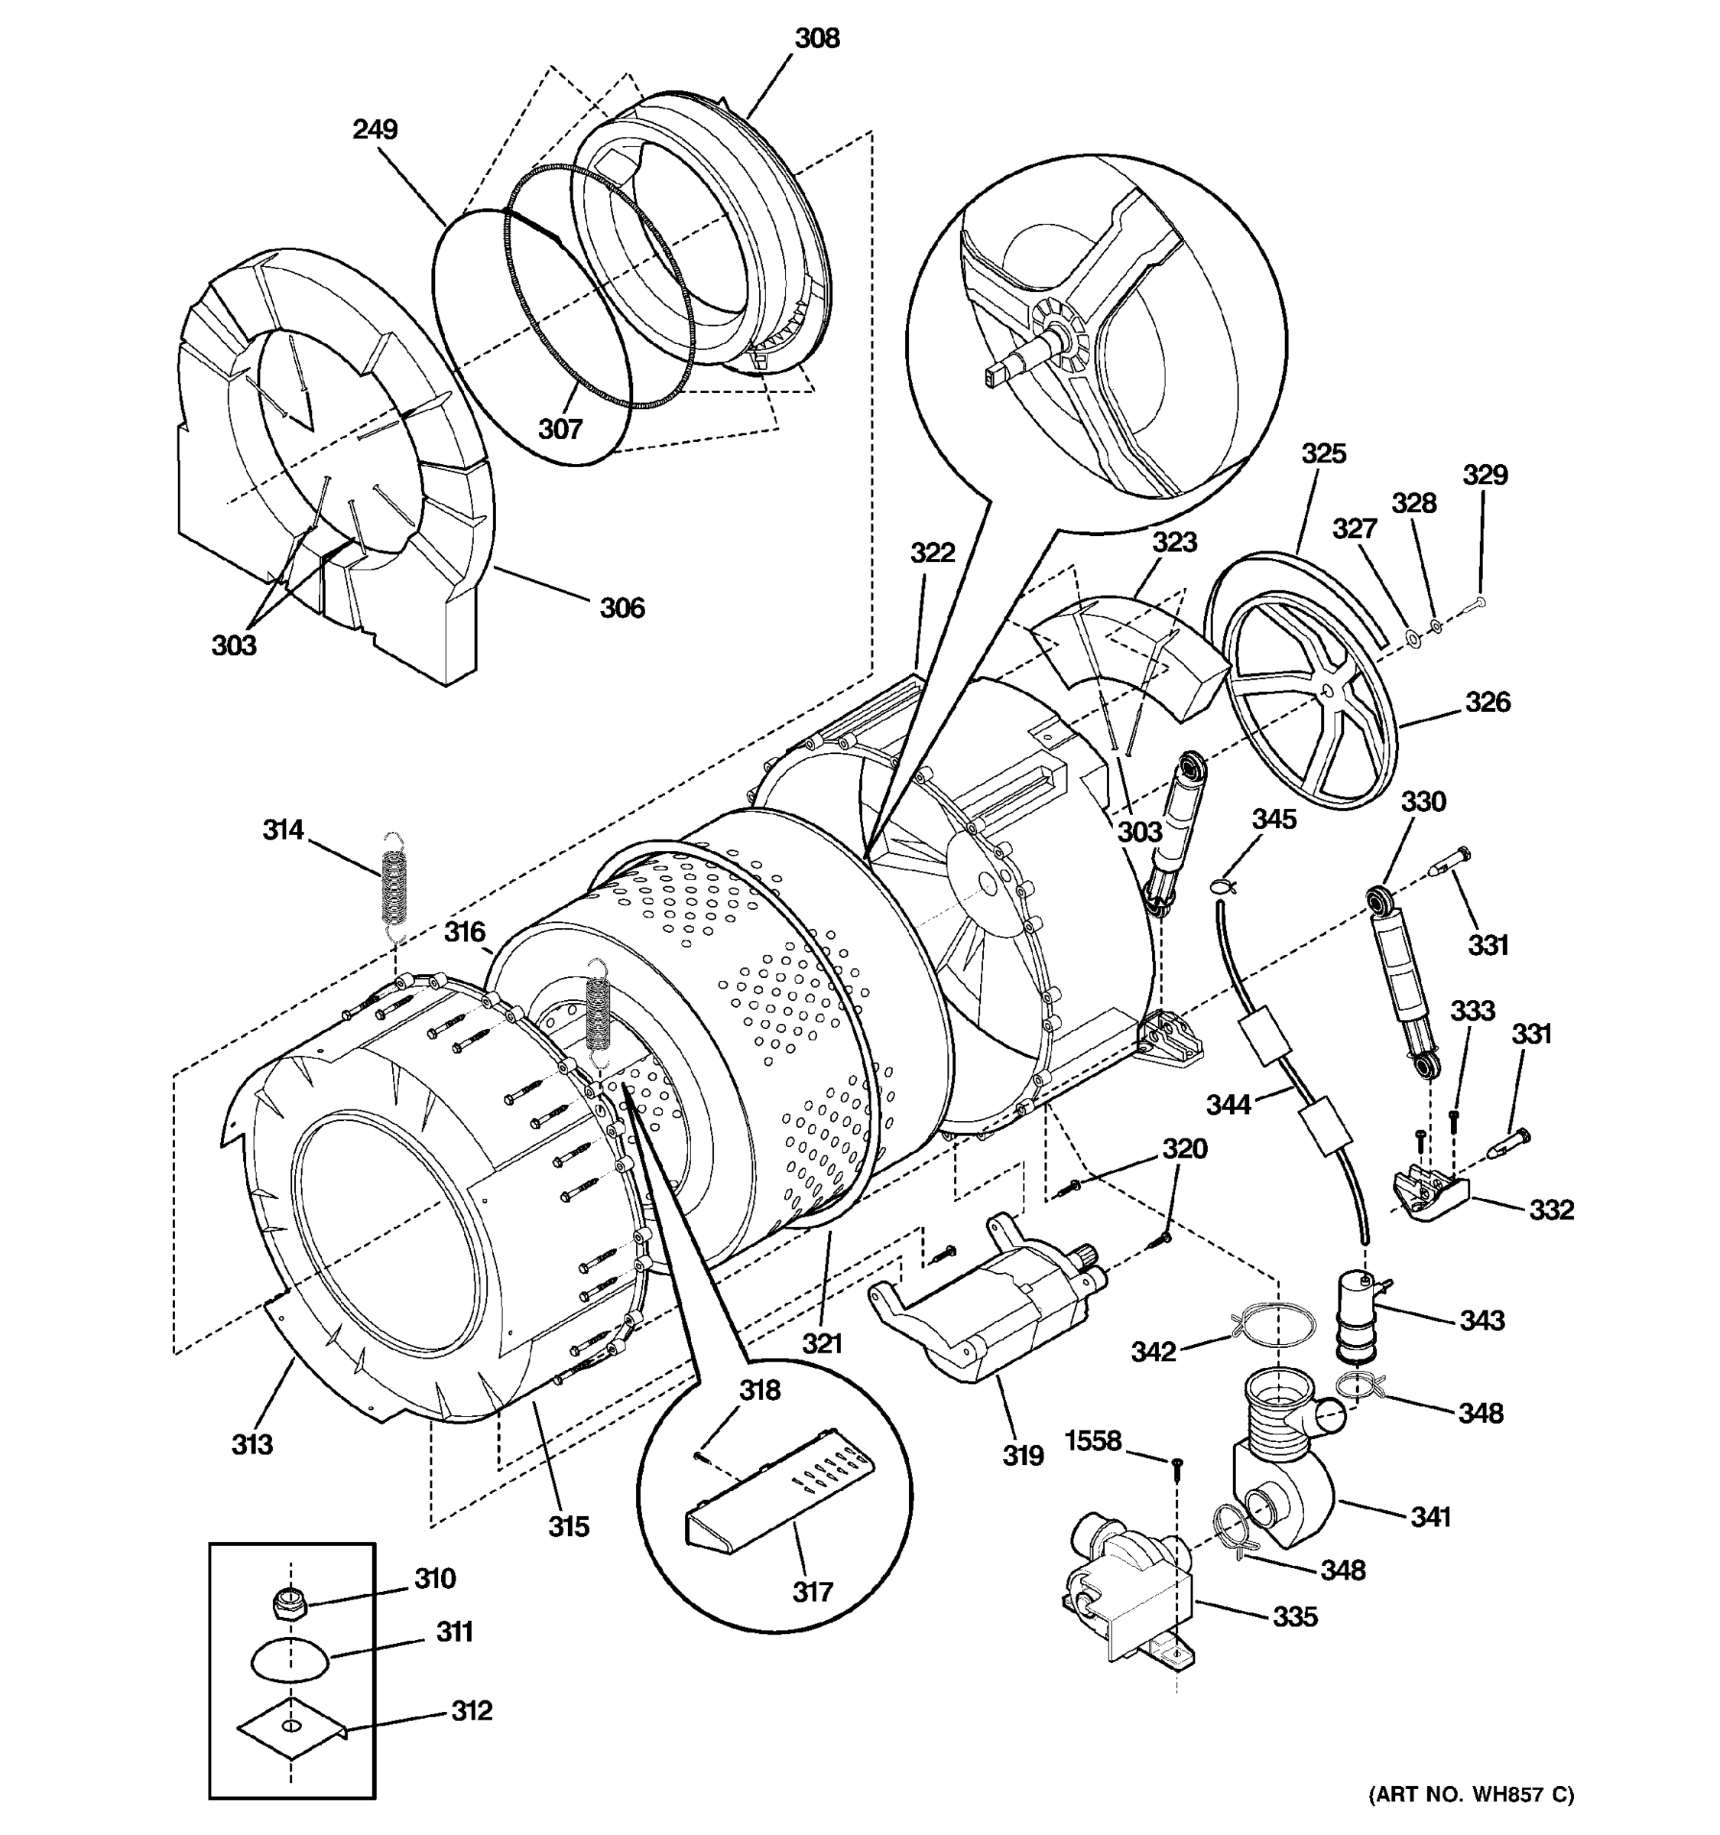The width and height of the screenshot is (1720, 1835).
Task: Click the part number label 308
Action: [x=817, y=39]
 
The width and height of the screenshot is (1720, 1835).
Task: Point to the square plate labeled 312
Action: [x=290, y=1727]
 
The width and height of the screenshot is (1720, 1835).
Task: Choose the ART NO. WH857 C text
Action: [x=1471, y=1794]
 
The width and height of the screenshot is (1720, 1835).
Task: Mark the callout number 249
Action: [x=375, y=129]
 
